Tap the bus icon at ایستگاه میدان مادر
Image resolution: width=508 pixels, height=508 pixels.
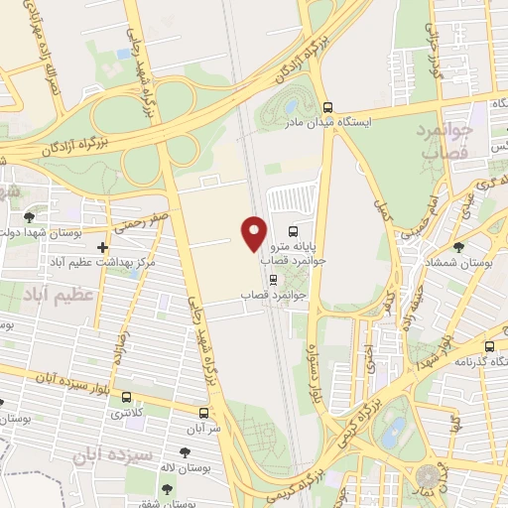coord(328,107)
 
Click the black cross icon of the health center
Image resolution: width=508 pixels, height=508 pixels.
coord(103,247)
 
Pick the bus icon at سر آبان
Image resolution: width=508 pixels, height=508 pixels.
coord(202,412)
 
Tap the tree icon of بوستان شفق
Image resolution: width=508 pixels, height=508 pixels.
coord(166,488)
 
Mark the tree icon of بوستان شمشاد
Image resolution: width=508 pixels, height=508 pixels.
coord(457,247)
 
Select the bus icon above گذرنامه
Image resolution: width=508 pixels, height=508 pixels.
coord(489,346)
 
